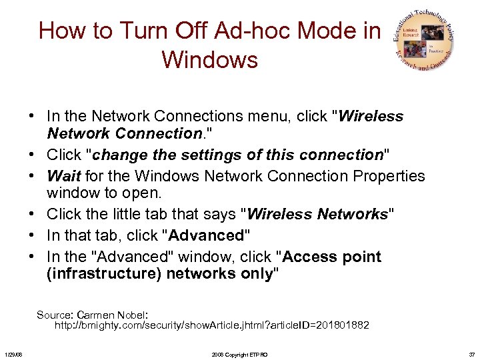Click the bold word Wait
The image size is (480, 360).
click(x=64, y=176)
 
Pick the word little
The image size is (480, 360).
click(x=133, y=214)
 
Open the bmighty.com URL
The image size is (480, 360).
click(x=211, y=325)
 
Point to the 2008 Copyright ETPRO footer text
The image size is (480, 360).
click(x=239, y=355)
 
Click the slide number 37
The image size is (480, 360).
click(x=471, y=355)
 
